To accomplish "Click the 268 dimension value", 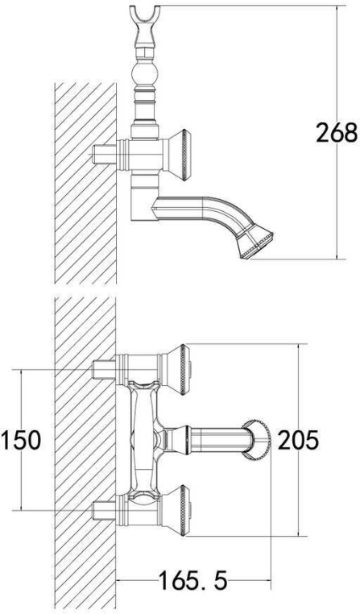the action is coord(337,132).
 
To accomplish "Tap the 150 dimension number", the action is coord(21,440).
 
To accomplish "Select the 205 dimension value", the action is coord(298,440).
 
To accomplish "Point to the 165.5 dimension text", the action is coord(192,580).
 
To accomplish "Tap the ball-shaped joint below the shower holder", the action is coord(146,74).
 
